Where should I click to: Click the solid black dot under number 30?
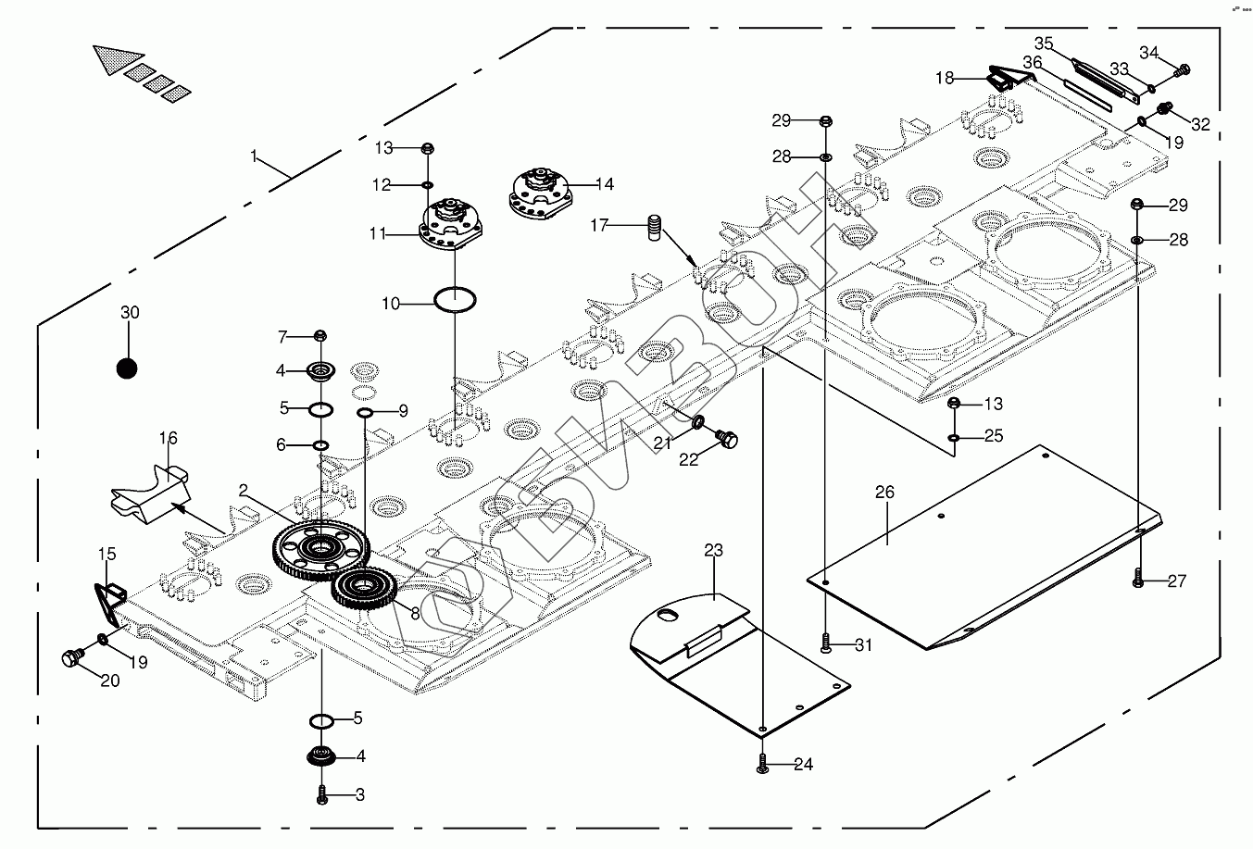pos(127,368)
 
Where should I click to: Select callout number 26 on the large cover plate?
pos(884,493)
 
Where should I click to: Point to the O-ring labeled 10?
pos(456,300)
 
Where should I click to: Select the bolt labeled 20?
pos(70,659)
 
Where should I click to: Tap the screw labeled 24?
pos(761,764)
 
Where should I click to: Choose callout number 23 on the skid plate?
pos(712,550)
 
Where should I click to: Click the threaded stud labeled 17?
pos(656,226)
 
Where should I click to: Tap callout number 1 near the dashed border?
pos(254,156)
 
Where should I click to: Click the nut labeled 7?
pos(321,335)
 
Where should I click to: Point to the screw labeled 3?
pos(322,794)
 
